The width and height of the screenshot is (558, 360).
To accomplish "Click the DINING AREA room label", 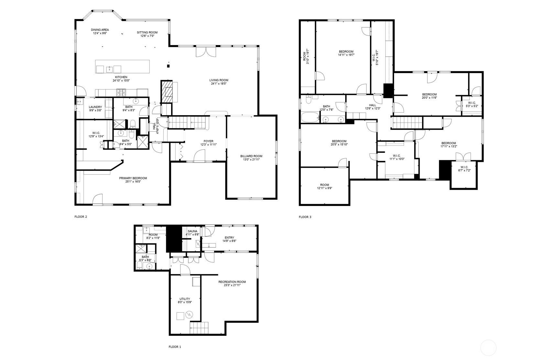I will pos(100,30).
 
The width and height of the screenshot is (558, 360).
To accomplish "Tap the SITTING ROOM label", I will pos(147,32).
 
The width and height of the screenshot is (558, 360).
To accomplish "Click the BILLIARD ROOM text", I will pos(251,156).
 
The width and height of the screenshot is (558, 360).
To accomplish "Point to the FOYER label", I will pos(208,141).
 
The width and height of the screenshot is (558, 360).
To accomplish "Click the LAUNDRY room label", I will pos(95,107).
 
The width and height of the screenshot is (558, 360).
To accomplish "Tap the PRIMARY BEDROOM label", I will pos(133,178).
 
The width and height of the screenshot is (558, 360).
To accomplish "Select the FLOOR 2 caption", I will pos(81,217).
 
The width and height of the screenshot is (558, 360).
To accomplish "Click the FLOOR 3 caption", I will pos(305,217).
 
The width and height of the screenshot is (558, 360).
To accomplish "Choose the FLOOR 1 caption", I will pos(175,347).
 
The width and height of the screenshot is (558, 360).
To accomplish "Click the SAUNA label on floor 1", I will pos(192,231).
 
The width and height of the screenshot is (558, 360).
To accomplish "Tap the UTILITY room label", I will pos(185,299).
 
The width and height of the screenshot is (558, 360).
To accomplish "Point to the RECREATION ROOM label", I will pos(232,282).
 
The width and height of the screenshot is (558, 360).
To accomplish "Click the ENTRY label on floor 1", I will pos(229,238).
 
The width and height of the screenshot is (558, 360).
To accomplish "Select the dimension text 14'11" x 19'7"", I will pos(346,55).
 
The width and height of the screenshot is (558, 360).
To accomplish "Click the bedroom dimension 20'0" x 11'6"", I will pos(429,98).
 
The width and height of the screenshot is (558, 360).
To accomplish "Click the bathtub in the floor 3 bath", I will pos(310,117).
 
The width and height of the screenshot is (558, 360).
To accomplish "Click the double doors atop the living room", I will pos(205,52).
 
